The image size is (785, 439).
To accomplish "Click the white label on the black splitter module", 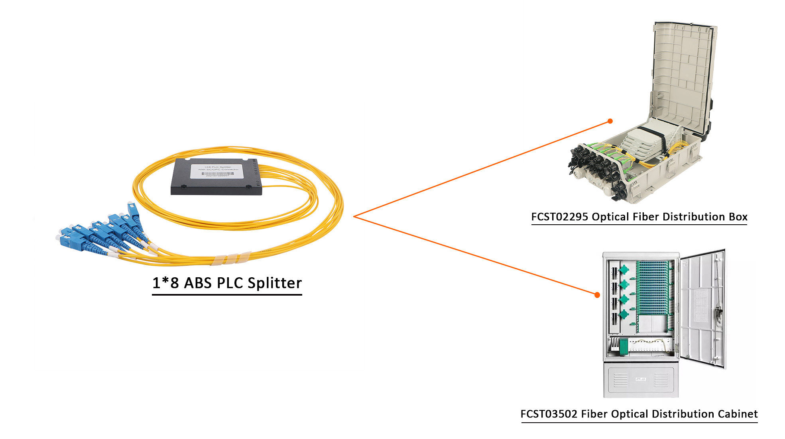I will click(x=218, y=171).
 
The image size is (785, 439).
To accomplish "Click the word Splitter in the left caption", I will click(x=274, y=283).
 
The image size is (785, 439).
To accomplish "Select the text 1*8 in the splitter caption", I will click(x=165, y=283).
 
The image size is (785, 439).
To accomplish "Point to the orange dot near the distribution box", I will click(x=610, y=121).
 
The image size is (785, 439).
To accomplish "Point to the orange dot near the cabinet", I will click(x=597, y=295).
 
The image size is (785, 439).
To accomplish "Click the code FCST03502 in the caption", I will click(x=549, y=414).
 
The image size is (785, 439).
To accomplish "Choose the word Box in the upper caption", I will click(x=738, y=217).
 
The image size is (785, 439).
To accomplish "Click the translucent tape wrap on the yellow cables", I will click(x=231, y=259).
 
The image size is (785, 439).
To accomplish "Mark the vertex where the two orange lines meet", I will click(x=354, y=216).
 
